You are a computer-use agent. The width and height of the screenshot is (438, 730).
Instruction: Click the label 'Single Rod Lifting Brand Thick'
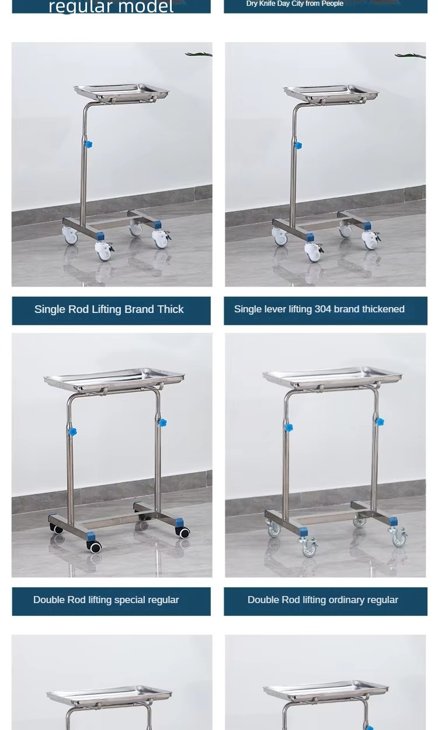point(109,309)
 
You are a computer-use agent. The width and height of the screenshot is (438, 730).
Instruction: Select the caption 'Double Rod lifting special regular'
point(106,600)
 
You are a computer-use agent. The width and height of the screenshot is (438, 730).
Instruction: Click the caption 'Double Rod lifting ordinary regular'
point(322,600)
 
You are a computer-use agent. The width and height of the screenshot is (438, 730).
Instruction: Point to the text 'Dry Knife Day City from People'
point(294,4)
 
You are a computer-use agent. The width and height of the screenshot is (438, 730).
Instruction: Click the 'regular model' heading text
point(111,7)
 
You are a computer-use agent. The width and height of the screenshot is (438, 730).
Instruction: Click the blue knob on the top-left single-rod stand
point(88,144)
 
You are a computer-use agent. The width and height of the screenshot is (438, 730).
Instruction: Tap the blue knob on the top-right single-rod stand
point(298,145)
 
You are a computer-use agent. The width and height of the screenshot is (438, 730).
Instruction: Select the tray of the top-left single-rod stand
point(121,91)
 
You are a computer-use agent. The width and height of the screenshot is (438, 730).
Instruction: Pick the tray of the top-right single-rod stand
point(331,92)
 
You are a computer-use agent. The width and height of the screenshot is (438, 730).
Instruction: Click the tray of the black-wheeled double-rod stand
point(114,380)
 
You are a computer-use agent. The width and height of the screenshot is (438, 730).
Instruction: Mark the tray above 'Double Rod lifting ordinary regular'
point(332,378)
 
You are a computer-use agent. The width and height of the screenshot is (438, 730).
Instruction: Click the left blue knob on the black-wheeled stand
point(72,432)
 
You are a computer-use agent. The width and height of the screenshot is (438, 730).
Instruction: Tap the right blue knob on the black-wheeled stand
point(162,422)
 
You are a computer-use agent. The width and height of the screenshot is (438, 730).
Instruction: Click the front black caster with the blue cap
point(94,546)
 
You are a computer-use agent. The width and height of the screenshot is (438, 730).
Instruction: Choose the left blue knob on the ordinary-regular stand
point(288,428)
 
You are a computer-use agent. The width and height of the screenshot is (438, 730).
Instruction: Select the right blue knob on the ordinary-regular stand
point(380,421)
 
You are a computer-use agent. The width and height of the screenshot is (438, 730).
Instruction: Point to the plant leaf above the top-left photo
point(199,54)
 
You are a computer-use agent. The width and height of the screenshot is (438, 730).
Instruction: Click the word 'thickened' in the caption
point(384,309)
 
